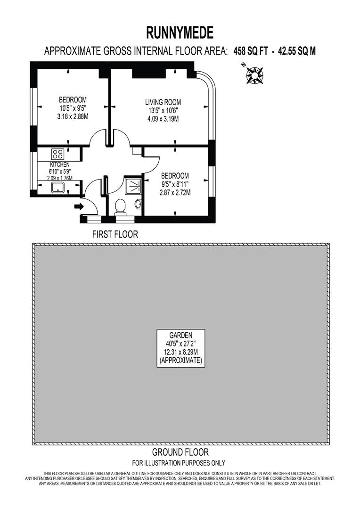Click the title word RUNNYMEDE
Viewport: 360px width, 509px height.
click(x=180, y=33)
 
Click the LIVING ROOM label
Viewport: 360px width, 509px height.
click(x=163, y=102)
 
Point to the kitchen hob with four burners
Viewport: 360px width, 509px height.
click(x=58, y=154)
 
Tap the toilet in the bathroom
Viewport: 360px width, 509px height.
click(x=121, y=206)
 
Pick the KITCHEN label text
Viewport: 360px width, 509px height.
click(x=60, y=164)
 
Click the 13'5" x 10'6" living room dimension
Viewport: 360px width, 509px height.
click(x=163, y=111)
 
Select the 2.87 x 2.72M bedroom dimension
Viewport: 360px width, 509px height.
click(x=175, y=193)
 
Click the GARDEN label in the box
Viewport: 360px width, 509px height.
click(x=181, y=336)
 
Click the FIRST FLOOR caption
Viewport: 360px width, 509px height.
click(x=115, y=234)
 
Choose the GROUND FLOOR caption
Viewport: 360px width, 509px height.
click(x=180, y=453)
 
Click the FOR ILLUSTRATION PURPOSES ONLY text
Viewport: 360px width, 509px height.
click(x=179, y=463)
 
